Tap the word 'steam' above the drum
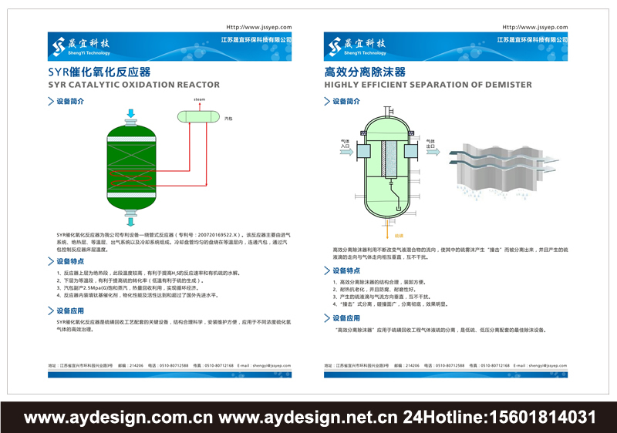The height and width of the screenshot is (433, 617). pos(199,100)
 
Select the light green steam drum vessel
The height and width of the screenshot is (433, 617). pos(199,116)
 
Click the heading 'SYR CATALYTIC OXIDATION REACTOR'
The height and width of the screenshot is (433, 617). pos(133,85)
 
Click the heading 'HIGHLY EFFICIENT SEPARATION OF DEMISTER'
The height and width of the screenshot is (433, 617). pos(428,85)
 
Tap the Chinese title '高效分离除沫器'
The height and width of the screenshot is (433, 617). pos(365,72)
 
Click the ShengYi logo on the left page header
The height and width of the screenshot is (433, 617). pos(78,46)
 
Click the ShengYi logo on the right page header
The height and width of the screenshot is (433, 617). pos(354,46)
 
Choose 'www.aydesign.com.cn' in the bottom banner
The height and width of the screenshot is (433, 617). pos(119,418)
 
